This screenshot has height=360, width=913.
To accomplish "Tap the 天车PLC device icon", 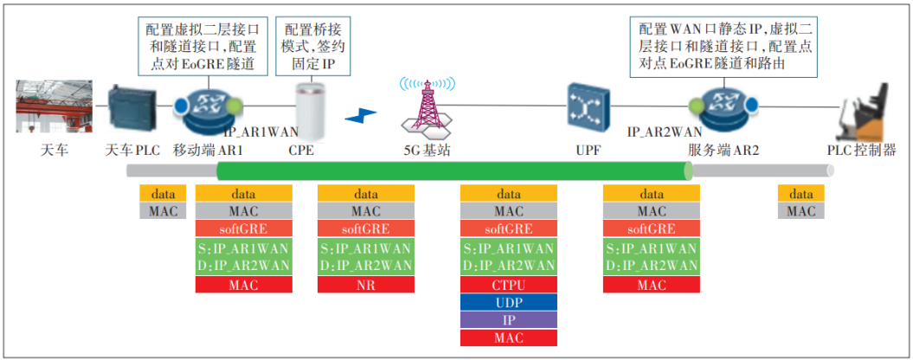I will pos(132,109).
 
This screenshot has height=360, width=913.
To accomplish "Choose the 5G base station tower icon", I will pos(428,108).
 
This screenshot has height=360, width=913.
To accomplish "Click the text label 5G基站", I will pos(428,150).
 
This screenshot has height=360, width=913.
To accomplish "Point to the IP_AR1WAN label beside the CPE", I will pos(260,132).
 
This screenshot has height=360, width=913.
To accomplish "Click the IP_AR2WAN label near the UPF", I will pos(665,132).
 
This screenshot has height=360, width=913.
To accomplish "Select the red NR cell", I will pos(366,285).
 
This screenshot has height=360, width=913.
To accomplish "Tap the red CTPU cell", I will pos(508,285).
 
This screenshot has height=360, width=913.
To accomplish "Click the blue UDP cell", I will pos(508,302).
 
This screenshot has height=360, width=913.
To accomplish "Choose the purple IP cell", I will pos(508,320).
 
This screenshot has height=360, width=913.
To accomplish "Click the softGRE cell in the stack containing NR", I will pos(366,229).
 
